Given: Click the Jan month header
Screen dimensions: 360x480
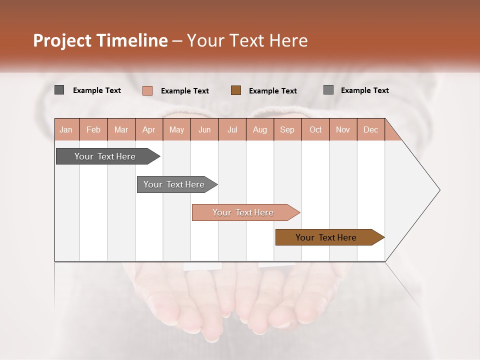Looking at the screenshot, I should click(66, 129).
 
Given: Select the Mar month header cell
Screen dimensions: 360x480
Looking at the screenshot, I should click(121, 129).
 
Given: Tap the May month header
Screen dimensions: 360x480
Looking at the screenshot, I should click(176, 129).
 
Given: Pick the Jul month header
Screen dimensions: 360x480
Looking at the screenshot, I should click(232, 129).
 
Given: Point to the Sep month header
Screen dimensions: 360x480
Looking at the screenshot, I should click(287, 129).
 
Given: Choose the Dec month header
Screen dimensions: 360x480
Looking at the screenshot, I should click(370, 129).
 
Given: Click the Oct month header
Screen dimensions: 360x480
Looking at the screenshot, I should click(315, 129).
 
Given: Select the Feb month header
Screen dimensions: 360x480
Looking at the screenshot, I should click(93, 129).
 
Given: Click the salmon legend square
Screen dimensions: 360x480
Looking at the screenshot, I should click(147, 90).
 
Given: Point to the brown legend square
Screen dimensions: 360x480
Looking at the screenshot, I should click(236, 90).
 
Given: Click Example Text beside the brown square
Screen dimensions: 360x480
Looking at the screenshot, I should click(273, 90).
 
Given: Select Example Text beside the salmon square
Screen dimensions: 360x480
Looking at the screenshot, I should click(185, 90).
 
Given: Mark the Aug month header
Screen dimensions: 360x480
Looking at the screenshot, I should click(259, 129).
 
